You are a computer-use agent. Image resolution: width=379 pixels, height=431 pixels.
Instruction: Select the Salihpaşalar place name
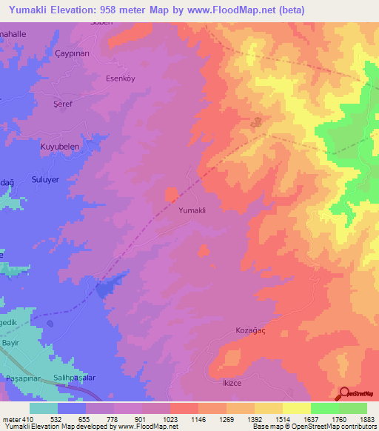tap(76, 378)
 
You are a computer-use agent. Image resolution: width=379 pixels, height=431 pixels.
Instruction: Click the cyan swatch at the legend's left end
tap(44, 408)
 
